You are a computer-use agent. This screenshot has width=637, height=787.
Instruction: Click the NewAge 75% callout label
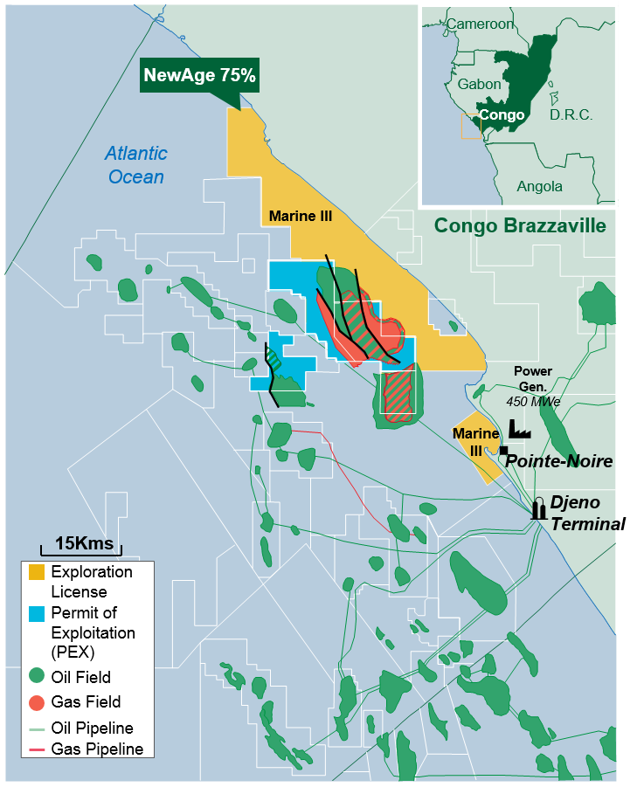[199, 76]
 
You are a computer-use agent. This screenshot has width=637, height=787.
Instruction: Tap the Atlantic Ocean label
[135, 165]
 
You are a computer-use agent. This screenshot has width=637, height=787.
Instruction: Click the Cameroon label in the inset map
[480, 24]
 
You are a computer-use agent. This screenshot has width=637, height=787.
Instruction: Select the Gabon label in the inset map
[480, 85]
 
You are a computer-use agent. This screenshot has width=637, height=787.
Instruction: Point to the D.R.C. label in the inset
[571, 115]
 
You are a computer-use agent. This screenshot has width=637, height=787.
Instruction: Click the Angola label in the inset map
[539, 186]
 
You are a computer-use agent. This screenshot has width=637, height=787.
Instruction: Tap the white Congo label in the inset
[502, 115]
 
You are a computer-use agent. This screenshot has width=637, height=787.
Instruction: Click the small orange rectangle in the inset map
[471, 126]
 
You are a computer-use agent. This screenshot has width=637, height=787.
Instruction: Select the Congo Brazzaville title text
[520, 226]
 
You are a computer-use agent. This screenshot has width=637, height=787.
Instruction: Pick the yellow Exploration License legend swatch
[37, 573]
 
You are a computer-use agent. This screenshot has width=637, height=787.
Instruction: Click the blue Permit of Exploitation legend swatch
[37, 613]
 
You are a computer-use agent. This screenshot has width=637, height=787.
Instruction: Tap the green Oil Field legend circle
[37, 677]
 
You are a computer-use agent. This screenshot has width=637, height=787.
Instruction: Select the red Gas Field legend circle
[37, 702]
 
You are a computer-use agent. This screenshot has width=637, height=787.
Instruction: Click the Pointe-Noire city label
[559, 461]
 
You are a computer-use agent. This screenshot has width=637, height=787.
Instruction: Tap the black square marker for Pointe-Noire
[504, 451]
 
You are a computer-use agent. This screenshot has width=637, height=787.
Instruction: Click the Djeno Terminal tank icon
[539, 509]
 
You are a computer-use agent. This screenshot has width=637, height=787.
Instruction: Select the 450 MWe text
[534, 402]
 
